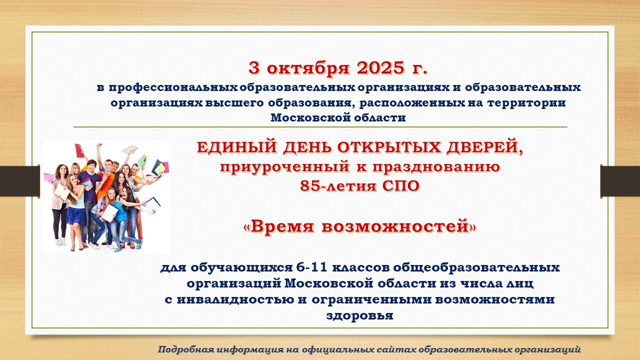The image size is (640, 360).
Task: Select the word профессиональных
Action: pos(173,87)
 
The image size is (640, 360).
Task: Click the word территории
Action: pos(526,103)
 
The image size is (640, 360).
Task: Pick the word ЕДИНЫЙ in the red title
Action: pos(237,147)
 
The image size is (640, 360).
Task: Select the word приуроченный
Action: pos(284,167)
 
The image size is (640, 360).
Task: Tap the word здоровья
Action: pos(359,315)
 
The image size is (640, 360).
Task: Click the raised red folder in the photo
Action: pos(79,151)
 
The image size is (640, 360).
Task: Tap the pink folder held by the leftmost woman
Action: pos(49,177)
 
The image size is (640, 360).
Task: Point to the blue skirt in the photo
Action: pos(76,216)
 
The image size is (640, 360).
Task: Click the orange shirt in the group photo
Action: pos(103,185)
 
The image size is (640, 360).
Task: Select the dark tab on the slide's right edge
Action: pos(620,181)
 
